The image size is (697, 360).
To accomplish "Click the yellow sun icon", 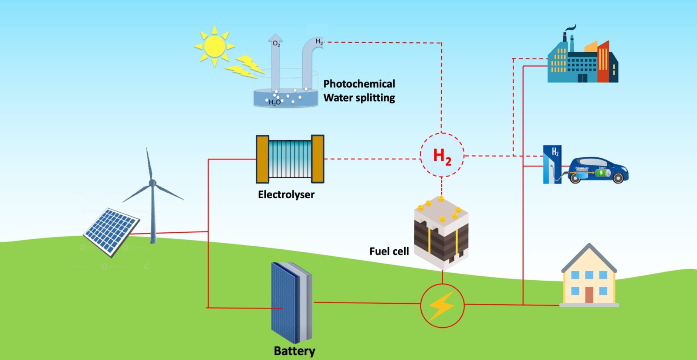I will coord(214,46).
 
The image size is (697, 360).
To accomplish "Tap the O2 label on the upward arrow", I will coord(276,44).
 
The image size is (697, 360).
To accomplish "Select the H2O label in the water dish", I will coord(274,102).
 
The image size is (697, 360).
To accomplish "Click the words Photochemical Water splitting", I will coord(359,91).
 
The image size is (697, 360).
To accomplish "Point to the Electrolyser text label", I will coord(286,194).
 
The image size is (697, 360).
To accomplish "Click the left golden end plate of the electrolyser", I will coord(262,159).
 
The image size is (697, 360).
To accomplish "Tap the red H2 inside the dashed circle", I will coord(442,156).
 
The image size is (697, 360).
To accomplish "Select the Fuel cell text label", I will coord(389,251).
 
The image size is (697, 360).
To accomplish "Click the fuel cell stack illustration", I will coord(441,233).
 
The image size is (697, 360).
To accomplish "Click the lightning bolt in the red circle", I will coord(442,306).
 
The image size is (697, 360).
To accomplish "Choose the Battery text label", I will coord(294,351).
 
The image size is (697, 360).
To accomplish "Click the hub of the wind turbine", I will coord(152,183).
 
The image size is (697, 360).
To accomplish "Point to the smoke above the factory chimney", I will coord(570,29).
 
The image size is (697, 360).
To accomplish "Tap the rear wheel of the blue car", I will coord(575,178).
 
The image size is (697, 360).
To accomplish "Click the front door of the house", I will coord(589,295).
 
